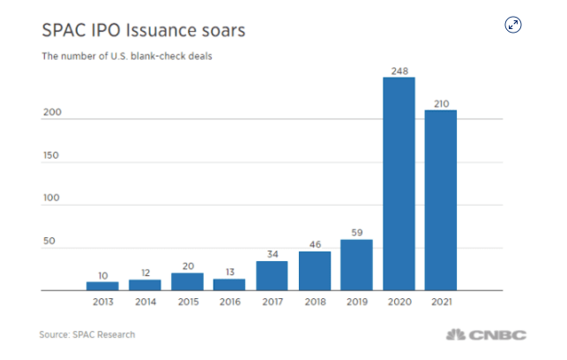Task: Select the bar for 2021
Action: [x=440, y=200]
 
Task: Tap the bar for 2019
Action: [x=356, y=265]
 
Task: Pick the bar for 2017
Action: [x=272, y=275]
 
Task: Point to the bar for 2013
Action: [x=102, y=286]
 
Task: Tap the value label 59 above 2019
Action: [x=356, y=231]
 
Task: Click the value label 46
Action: [x=314, y=243]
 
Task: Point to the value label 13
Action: [x=229, y=271]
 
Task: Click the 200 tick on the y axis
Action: [x=52, y=113]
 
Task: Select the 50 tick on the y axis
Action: [x=50, y=242]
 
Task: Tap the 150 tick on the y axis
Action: [x=52, y=155]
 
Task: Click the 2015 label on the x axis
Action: [x=187, y=302]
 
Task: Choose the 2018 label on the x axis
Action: [x=314, y=302]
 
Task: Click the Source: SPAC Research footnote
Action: [x=87, y=335]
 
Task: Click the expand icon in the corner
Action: [x=513, y=25]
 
